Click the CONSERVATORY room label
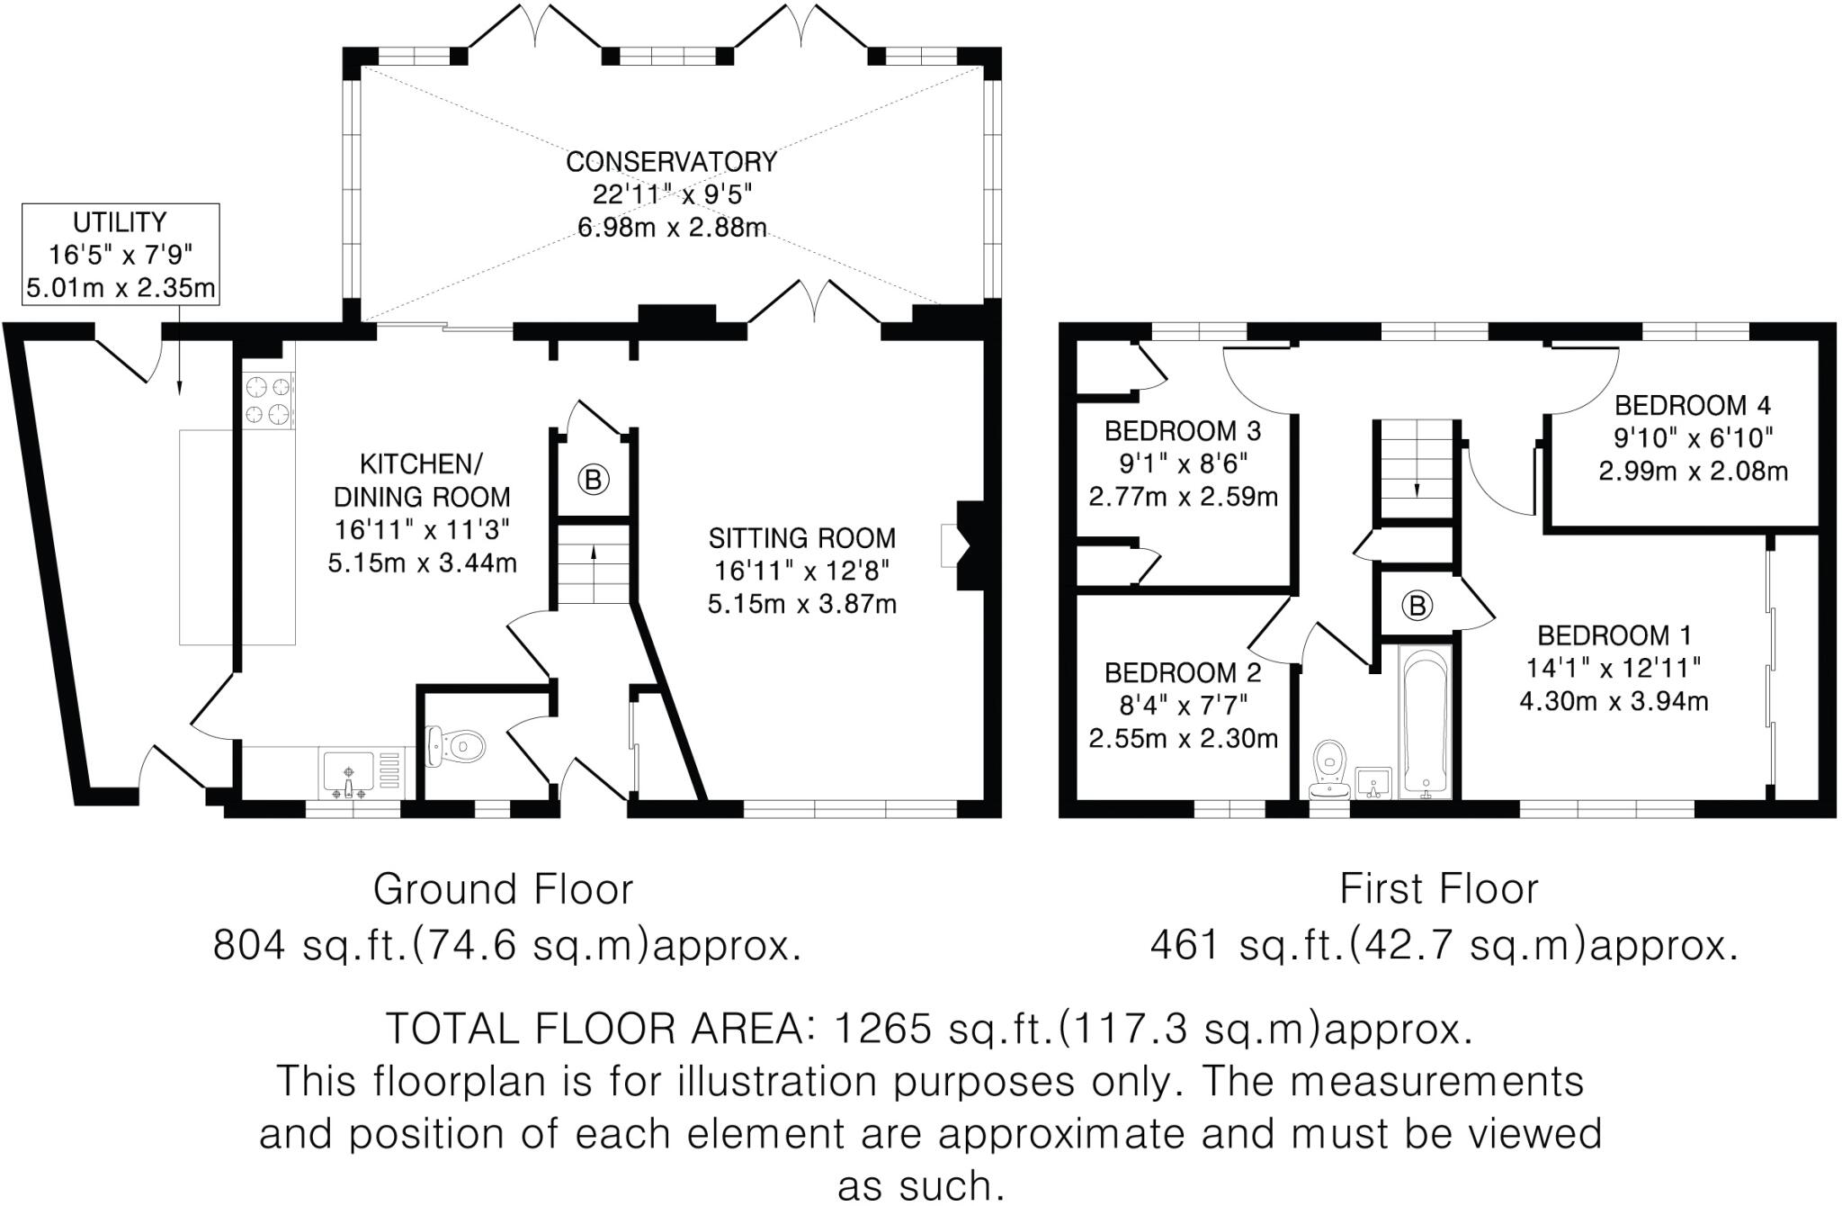click(671, 162)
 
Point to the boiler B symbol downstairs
click(593, 480)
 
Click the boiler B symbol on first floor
click(1417, 606)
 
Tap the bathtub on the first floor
click(1426, 723)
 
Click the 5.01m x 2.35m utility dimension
click(121, 289)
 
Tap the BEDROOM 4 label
click(1693, 406)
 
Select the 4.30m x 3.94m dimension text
click(1614, 701)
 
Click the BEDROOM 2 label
click(1183, 672)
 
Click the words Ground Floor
click(503, 889)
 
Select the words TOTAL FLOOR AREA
click(594, 1029)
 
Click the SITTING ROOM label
click(801, 538)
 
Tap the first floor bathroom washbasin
click(1373, 783)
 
